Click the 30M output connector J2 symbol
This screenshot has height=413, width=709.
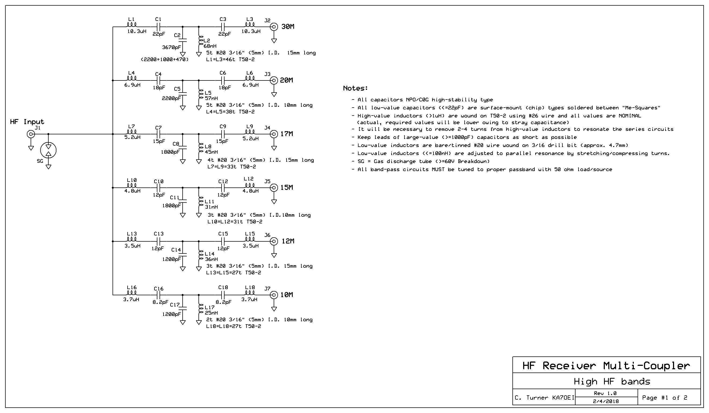click(274, 27)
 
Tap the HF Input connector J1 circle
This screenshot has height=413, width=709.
click(31, 134)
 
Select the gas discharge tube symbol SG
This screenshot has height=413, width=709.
click(48, 150)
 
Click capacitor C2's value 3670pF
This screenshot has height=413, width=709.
click(171, 47)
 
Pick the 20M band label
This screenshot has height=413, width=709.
click(286, 80)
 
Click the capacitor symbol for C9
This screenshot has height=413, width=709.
click(223, 134)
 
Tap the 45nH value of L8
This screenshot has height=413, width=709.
click(211, 152)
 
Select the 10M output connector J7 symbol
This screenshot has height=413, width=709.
click(274, 295)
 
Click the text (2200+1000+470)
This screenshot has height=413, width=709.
click(165, 60)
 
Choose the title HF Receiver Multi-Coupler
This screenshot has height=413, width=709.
click(606, 366)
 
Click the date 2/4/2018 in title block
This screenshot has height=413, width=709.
click(606, 401)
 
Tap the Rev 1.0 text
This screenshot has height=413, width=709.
click(605, 393)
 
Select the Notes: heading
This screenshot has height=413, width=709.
click(355, 88)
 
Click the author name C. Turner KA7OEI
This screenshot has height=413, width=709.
click(544, 397)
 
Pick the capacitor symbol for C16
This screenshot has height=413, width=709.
click(158, 295)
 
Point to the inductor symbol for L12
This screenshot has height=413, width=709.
click(250, 185)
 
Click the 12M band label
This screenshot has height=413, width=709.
click(288, 241)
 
